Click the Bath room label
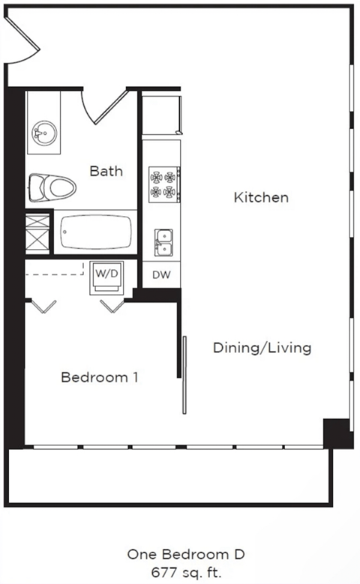pyautogui.click(x=106, y=171)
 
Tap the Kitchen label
pyautogui.click(x=261, y=198)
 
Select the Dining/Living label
pyautogui.click(x=262, y=348)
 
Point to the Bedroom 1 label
pyautogui.click(x=99, y=377)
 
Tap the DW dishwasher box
pyautogui.click(x=161, y=275)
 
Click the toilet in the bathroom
pyautogui.click(x=52, y=186)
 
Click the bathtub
pyautogui.click(x=94, y=232)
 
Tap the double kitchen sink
pyautogui.click(x=163, y=241)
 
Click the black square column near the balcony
pyautogui.click(x=337, y=434)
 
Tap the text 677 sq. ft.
pyautogui.click(x=186, y=571)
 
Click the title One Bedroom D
pyautogui.click(x=186, y=555)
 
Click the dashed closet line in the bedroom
pyautogui.click(x=54, y=274)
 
